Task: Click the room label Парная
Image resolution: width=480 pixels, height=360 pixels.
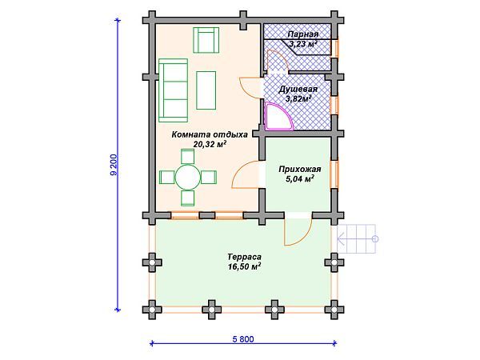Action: (x=304, y=34)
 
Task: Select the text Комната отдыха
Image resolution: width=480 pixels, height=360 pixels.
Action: (x=198, y=134)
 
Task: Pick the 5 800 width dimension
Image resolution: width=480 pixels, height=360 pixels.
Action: (x=243, y=338)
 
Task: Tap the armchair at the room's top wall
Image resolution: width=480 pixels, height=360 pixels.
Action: (x=206, y=38)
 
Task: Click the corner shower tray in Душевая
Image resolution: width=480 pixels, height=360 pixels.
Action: (x=277, y=117)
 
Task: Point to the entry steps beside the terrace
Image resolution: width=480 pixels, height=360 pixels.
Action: (x=358, y=236)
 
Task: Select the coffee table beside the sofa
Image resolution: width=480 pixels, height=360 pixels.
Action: (x=206, y=87)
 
